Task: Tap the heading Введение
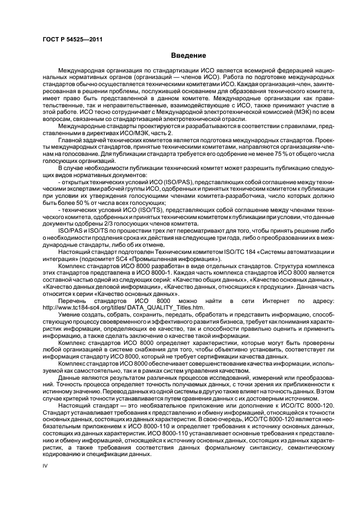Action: (x=188, y=56)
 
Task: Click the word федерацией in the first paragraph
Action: (x=271, y=71)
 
